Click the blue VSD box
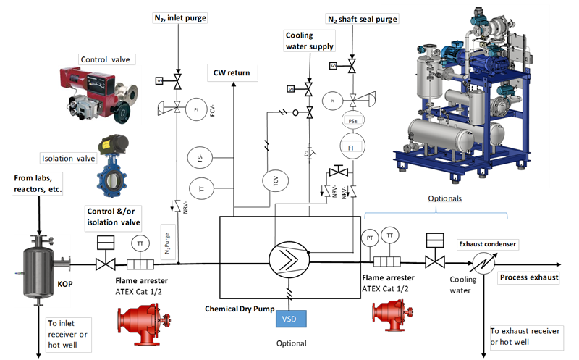click(x=291, y=318)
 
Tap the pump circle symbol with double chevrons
click(x=289, y=258)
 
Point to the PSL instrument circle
click(x=351, y=121)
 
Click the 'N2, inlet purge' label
click(x=179, y=17)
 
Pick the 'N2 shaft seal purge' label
click(x=361, y=19)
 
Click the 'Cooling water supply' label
click(x=309, y=41)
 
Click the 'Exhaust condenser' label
click(x=487, y=244)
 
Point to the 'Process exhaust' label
click(x=529, y=277)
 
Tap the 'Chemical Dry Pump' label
click(x=240, y=309)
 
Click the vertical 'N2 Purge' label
click(x=167, y=242)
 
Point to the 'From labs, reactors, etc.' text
click(x=37, y=183)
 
